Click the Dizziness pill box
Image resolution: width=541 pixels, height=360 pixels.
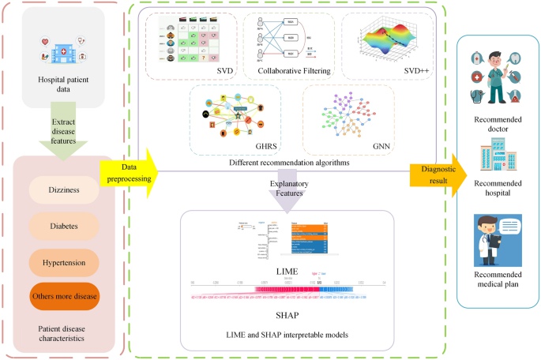point(63,190)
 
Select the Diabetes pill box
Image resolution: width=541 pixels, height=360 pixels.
point(63,227)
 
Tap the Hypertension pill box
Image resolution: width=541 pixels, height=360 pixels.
point(63,261)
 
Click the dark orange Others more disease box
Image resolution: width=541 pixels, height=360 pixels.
point(63,296)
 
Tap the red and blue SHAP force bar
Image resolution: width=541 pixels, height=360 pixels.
point(287,291)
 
